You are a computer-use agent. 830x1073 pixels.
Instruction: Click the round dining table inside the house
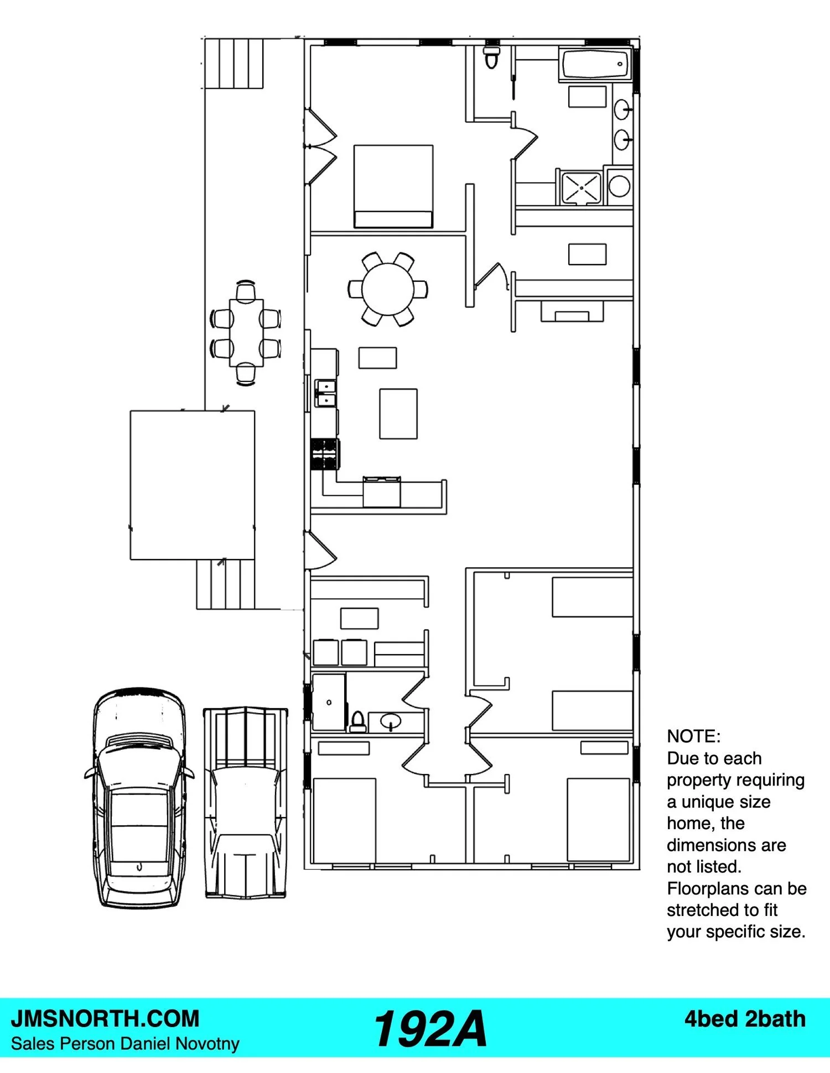388,289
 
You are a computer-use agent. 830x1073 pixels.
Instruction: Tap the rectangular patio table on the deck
246,332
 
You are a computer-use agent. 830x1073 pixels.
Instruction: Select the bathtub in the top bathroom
595,65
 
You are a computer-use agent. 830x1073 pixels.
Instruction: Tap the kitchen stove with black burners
325,454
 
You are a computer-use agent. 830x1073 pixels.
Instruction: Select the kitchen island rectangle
398,414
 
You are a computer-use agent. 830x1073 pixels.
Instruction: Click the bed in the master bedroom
393,186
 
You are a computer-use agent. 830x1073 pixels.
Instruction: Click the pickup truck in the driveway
246,802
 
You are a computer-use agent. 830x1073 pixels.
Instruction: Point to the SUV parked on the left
139,798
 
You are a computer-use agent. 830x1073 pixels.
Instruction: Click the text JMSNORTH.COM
105,1018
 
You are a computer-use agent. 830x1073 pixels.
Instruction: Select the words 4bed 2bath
745,1019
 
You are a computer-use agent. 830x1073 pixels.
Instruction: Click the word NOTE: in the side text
694,736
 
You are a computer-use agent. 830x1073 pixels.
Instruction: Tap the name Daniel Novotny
180,1044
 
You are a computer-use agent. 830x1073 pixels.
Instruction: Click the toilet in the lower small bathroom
358,721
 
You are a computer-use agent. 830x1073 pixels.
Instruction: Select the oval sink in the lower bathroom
391,721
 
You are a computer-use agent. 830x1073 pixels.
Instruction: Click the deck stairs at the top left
233,63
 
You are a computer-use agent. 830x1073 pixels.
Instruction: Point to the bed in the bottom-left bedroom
345,819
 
